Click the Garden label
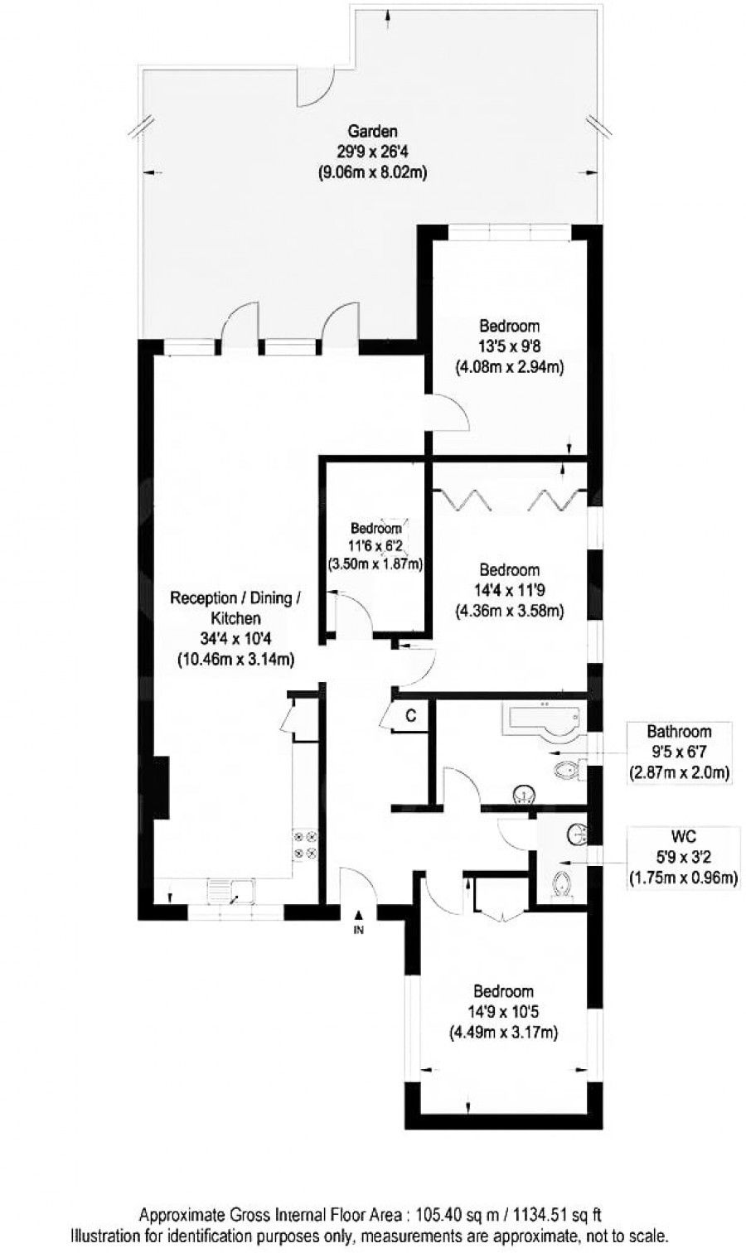pos(372,131)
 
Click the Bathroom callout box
pos(678,752)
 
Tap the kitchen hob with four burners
pos(303,844)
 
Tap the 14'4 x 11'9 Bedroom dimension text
pos(509,591)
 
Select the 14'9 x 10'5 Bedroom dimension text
pos(503,1012)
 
